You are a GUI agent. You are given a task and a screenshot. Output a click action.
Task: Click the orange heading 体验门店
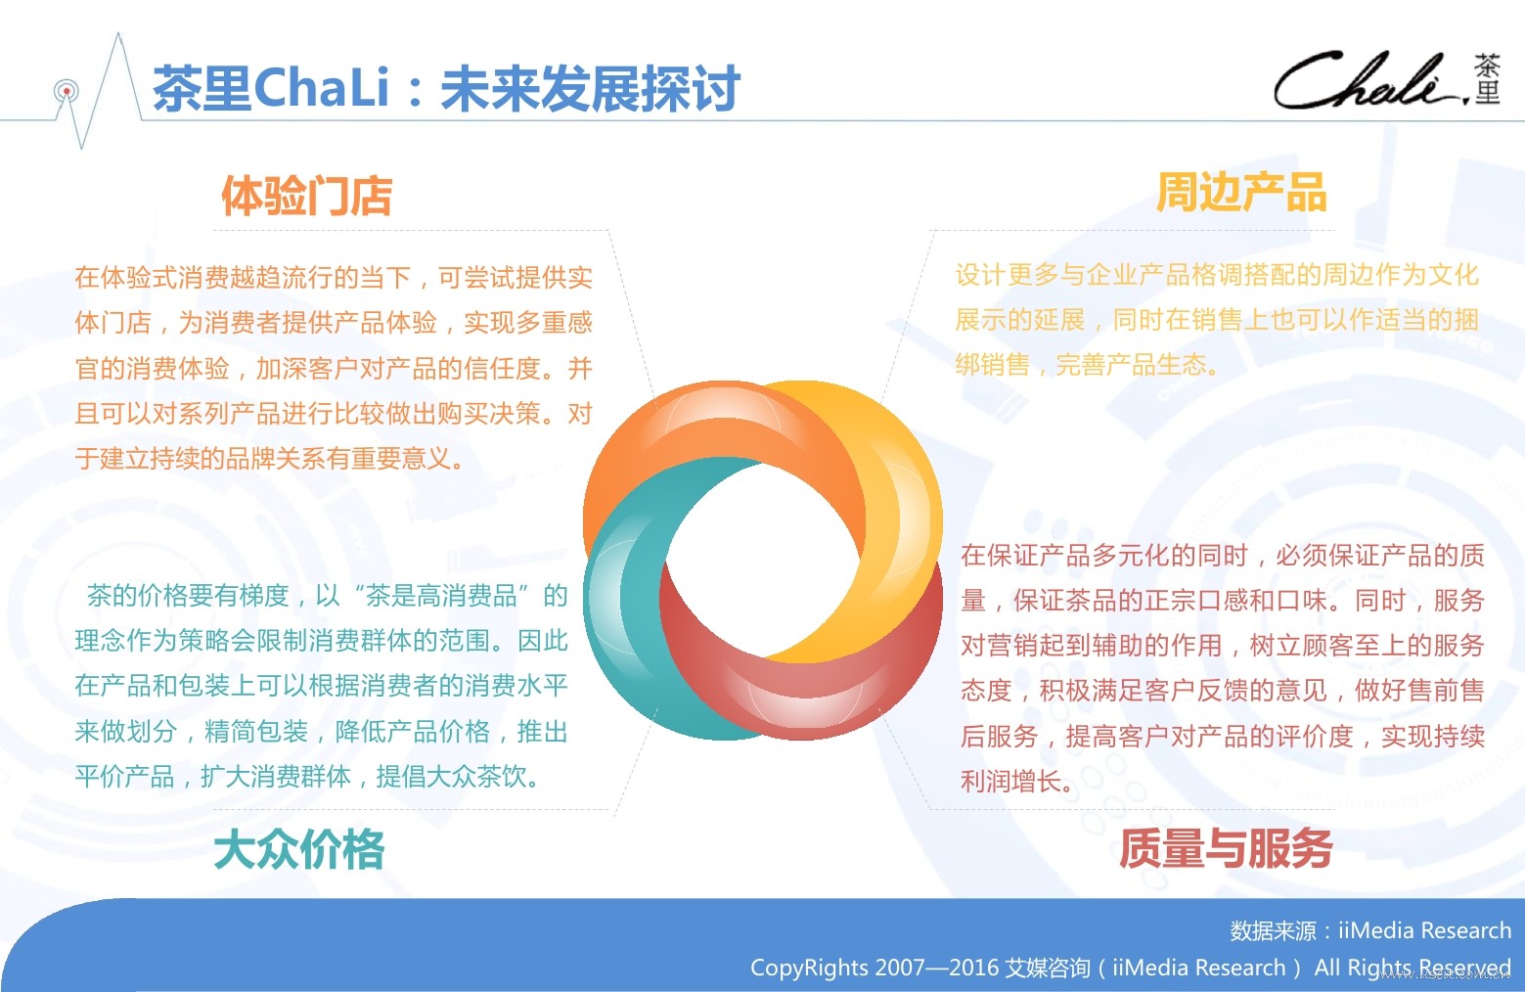pyautogui.click(x=307, y=196)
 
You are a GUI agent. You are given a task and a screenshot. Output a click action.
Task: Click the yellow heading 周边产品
pyautogui.click(x=1241, y=192)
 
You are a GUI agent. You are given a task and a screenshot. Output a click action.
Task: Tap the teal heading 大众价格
pyautogui.click(x=299, y=849)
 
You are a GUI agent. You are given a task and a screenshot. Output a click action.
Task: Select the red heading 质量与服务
pyautogui.click(x=1226, y=847)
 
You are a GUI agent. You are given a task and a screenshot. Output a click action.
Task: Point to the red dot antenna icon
pyautogui.click(x=67, y=91)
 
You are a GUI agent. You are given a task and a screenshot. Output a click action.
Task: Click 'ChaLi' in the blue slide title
pyautogui.click(x=321, y=88)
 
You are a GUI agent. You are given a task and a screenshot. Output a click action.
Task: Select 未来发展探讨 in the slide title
pyautogui.click(x=590, y=88)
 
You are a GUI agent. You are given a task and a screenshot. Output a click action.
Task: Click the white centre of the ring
pyautogui.click(x=763, y=560)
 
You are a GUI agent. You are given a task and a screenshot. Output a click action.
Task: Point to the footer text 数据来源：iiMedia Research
pyautogui.click(x=1369, y=930)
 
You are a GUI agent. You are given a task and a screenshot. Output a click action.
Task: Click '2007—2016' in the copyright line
pyautogui.click(x=931, y=968)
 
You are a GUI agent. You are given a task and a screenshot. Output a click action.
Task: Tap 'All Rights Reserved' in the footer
pyautogui.click(x=1412, y=968)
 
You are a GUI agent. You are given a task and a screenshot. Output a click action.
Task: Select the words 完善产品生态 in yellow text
pyautogui.click(x=1131, y=365)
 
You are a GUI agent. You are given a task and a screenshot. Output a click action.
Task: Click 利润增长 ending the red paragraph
pyautogui.click(x=1010, y=781)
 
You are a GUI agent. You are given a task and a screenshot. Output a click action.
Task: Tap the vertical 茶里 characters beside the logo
pyautogui.click(x=1488, y=79)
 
